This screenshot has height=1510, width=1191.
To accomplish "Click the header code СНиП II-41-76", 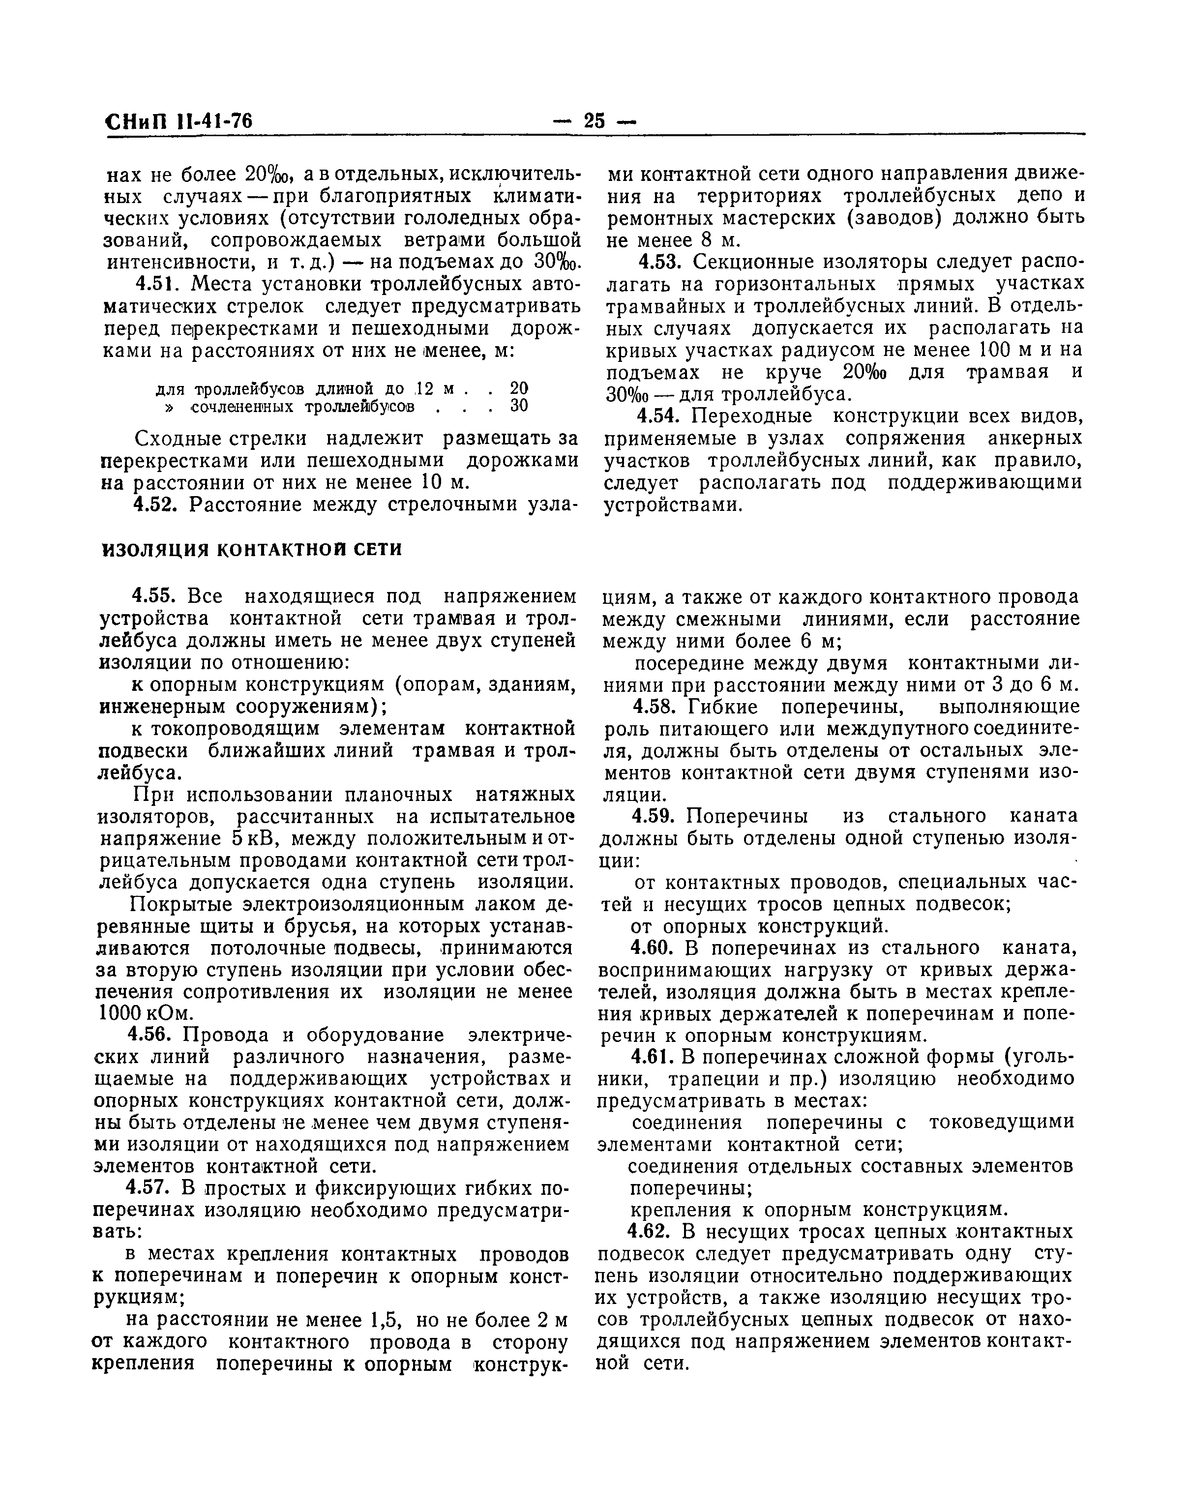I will [x=179, y=122].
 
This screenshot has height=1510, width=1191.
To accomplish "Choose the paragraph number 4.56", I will [x=157, y=1035].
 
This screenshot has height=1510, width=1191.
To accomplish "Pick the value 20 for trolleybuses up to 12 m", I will [x=519, y=387].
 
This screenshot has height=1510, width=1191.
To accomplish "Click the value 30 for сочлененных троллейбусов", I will [x=519, y=406].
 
